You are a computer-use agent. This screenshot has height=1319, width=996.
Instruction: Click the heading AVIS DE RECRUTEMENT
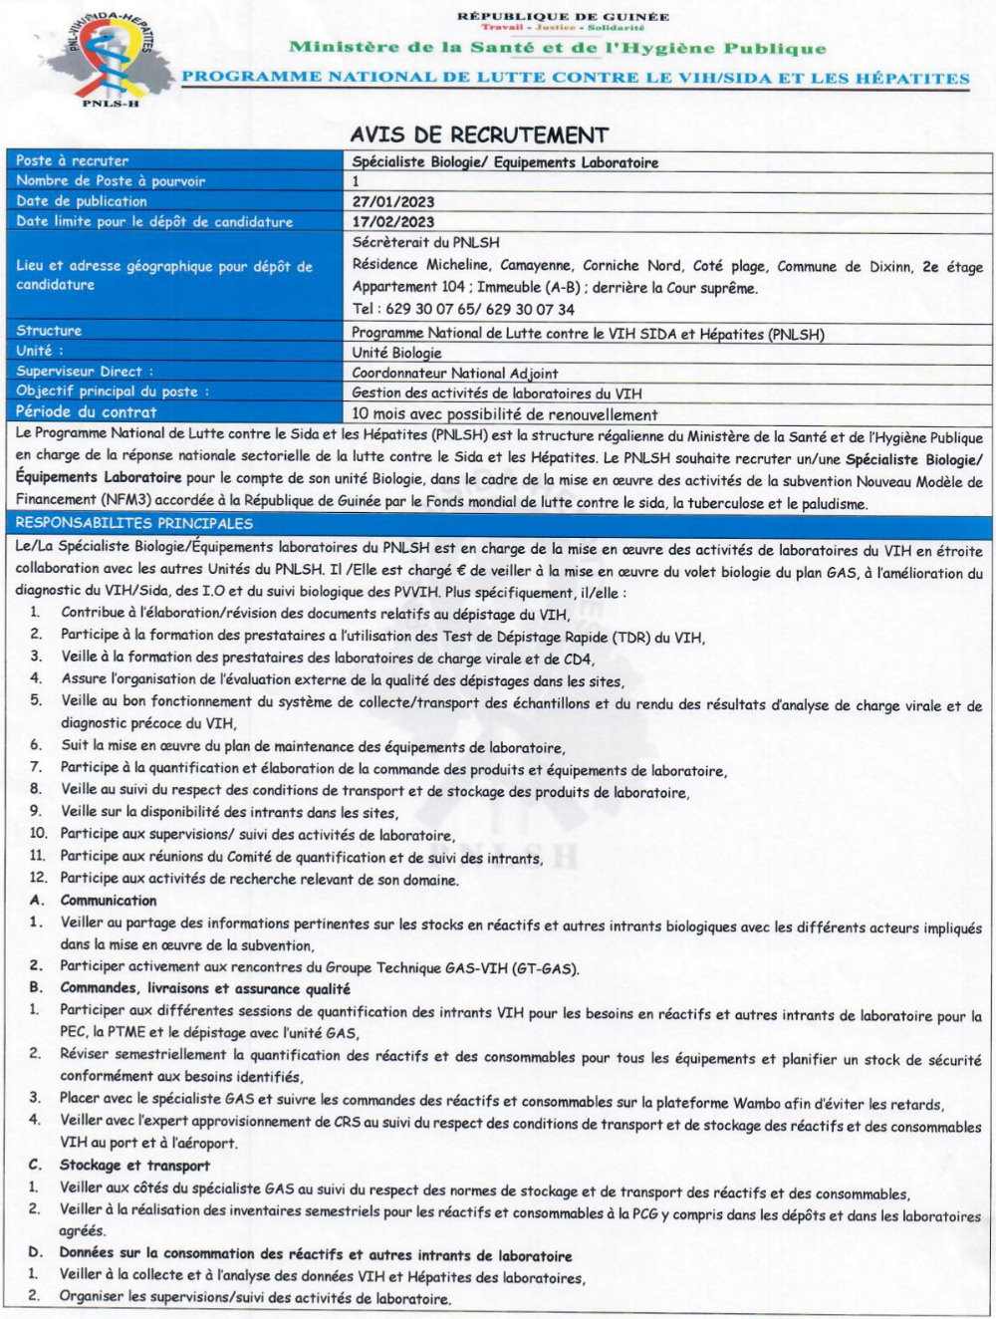point(479,134)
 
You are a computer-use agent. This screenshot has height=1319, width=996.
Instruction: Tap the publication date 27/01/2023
point(393,201)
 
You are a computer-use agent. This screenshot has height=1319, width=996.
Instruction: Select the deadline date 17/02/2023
point(393,222)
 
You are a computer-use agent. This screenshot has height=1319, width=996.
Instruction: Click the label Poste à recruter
point(73,160)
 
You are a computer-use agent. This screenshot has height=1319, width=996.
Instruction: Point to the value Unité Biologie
point(396,353)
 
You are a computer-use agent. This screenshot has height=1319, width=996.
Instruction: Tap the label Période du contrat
point(87,411)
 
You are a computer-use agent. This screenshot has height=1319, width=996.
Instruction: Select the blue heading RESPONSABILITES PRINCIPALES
point(134,523)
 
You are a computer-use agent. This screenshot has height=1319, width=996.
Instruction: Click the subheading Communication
point(109,901)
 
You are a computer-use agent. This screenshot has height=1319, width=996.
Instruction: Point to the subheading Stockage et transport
point(134,1165)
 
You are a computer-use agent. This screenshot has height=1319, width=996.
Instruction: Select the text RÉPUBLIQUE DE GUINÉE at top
point(563,16)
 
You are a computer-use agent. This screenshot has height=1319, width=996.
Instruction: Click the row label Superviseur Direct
point(85,372)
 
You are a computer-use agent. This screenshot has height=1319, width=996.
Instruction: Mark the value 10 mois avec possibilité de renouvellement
point(505,414)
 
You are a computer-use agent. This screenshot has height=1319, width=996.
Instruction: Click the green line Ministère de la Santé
point(558,47)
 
